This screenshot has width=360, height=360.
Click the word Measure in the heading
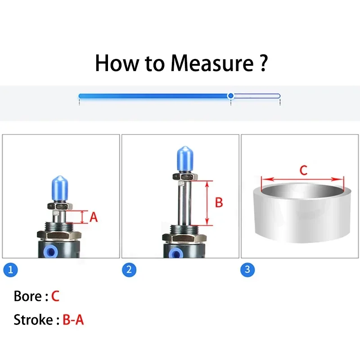tap(212, 63)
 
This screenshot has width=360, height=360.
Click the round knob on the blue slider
tap(231, 96)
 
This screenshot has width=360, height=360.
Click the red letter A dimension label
tap(94, 217)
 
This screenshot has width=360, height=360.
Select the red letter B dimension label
tap(219, 202)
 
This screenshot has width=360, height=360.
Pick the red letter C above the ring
tap(303, 171)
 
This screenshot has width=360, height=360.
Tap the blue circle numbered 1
tap(10, 270)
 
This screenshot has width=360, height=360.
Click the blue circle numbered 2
tap(129, 270)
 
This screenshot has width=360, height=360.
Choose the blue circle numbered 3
tap(247, 270)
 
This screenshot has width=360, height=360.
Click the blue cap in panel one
tap(60, 189)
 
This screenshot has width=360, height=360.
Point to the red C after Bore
tap(55, 296)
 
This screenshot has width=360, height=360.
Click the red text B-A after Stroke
tap(73, 319)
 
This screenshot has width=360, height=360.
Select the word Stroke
tap(33, 319)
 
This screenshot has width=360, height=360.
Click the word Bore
tap(28, 296)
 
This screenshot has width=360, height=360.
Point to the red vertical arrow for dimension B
tap(207, 203)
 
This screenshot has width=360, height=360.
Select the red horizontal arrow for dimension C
tap(302, 179)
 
